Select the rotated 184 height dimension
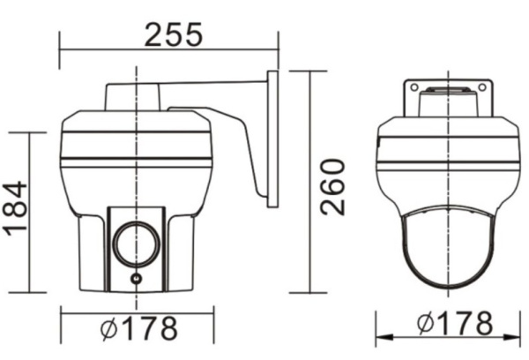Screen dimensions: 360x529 click(x=17, y=208)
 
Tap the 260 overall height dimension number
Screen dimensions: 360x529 click(x=332, y=186)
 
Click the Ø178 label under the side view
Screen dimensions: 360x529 click(x=139, y=327)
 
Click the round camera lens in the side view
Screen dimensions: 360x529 click(x=134, y=241)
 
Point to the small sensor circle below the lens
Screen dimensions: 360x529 click(x=135, y=279)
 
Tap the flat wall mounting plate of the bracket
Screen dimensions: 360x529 click(x=272, y=139)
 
